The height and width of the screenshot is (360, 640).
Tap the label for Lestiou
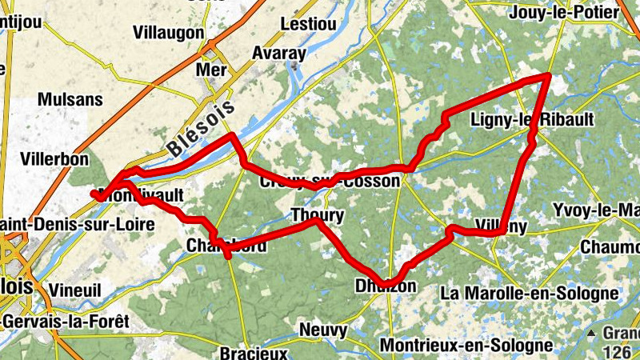[x=308, y=24]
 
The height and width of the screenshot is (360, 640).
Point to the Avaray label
[x=279, y=54]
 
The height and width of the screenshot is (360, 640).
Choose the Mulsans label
[x=70, y=100]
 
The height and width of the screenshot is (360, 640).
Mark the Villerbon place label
[x=54, y=159]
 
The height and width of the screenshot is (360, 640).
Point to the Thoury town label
[x=317, y=215]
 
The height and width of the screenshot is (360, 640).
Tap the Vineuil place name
[x=74, y=289]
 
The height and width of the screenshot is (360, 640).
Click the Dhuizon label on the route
[x=385, y=286]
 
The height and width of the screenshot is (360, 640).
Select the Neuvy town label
[x=323, y=330]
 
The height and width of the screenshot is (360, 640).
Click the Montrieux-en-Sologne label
[x=466, y=346]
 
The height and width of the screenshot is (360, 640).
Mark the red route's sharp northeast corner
[x=549, y=75]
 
